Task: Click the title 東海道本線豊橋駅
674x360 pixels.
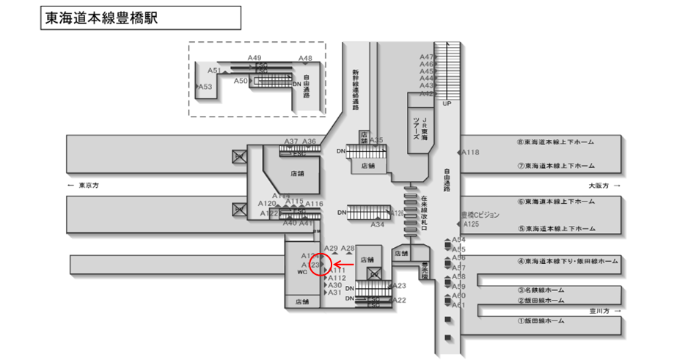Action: [102, 18]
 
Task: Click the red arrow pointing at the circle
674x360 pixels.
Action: [345, 264]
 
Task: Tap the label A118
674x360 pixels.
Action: [470, 153]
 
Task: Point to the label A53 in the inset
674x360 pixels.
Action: [205, 87]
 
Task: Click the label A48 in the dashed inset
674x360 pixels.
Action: [305, 59]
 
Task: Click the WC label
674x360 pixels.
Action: [301, 272]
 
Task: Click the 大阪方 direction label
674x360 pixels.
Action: [599, 185]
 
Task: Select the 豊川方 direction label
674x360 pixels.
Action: [599, 311]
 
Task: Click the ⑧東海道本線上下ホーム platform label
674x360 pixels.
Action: [555, 142]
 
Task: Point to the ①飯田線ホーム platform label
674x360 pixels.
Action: [541, 321]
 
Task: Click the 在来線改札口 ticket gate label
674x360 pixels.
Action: [424, 213]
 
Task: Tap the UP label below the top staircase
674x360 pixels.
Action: [447, 103]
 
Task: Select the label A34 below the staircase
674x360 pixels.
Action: [378, 224]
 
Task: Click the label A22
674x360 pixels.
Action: [400, 300]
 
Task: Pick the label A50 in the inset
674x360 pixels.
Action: [241, 81]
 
